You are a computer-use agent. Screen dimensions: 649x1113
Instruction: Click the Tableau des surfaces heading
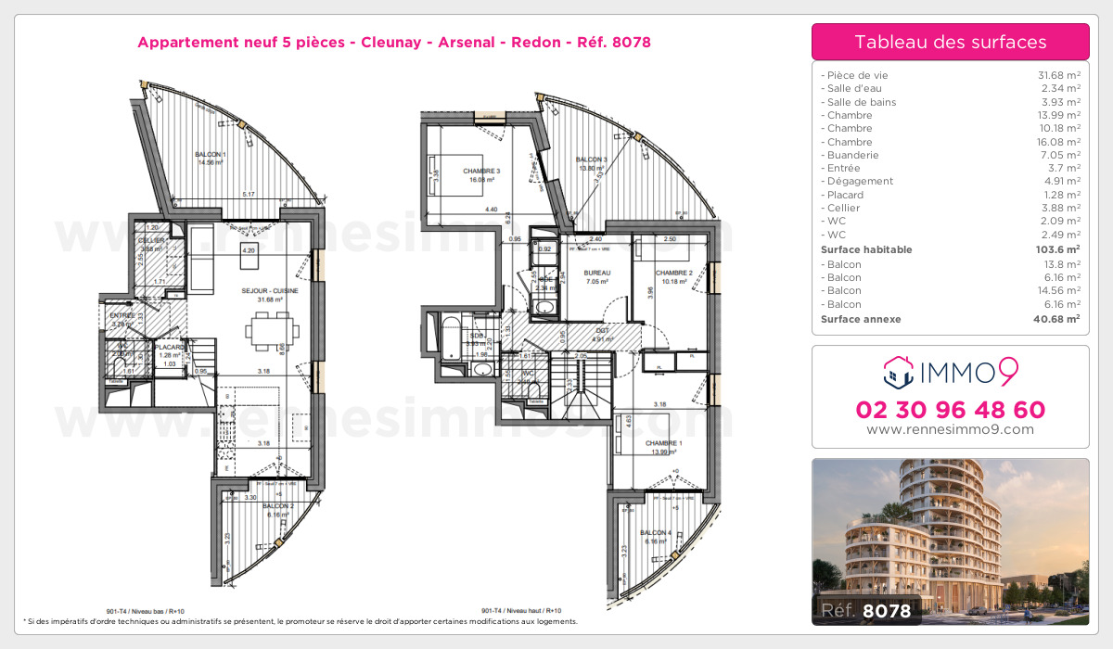950,42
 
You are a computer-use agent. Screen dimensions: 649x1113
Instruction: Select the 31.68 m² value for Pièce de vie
1057,75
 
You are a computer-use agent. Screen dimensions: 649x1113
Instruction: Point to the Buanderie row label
850,155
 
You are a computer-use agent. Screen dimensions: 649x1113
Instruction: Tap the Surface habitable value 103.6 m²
1055,249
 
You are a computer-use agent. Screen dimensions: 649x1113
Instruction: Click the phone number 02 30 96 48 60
951,410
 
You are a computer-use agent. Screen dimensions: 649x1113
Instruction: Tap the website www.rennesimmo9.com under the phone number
951,429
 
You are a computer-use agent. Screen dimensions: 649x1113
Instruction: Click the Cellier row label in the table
842,208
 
